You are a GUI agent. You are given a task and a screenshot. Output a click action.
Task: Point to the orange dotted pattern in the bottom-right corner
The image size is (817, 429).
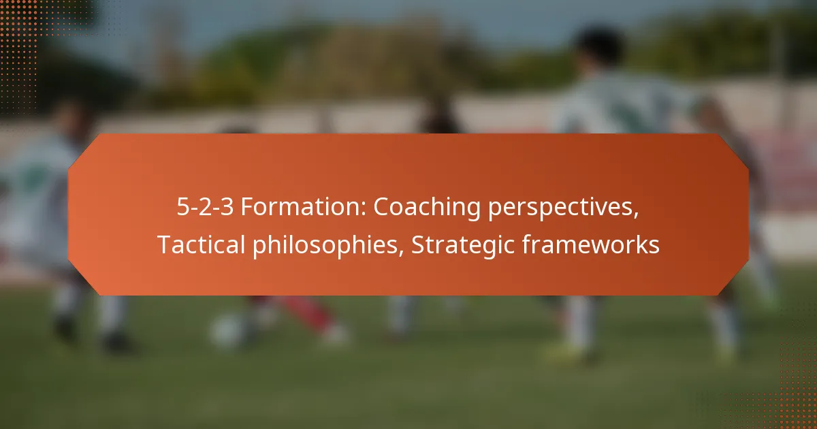(x=793, y=402)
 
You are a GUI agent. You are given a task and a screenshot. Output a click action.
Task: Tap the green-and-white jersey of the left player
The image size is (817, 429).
(x=41, y=191)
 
